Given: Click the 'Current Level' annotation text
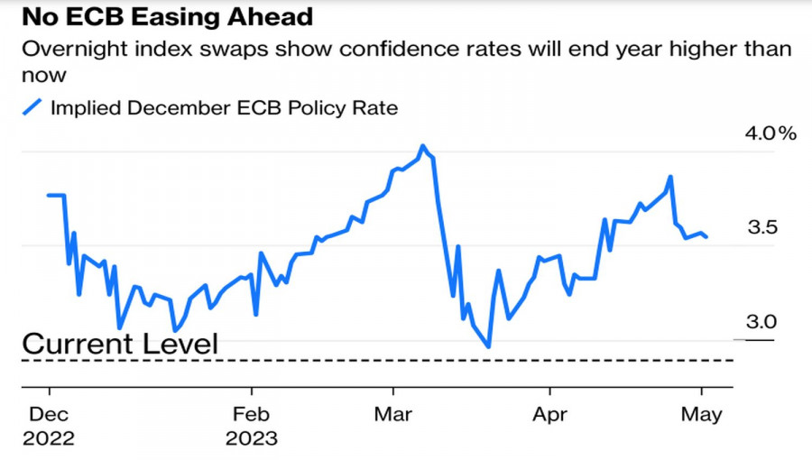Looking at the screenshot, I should tap(120, 344).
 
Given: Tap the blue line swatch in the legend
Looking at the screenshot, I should tap(32, 107).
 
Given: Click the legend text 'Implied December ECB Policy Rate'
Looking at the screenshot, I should tap(224, 108).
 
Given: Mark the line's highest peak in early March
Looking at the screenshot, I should tap(421, 145).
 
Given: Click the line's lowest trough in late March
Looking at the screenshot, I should tap(488, 346).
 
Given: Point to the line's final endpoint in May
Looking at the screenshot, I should tap(706, 237).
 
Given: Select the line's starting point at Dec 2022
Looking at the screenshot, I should tap(48, 195).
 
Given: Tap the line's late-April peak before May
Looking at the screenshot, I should tap(670, 177).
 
